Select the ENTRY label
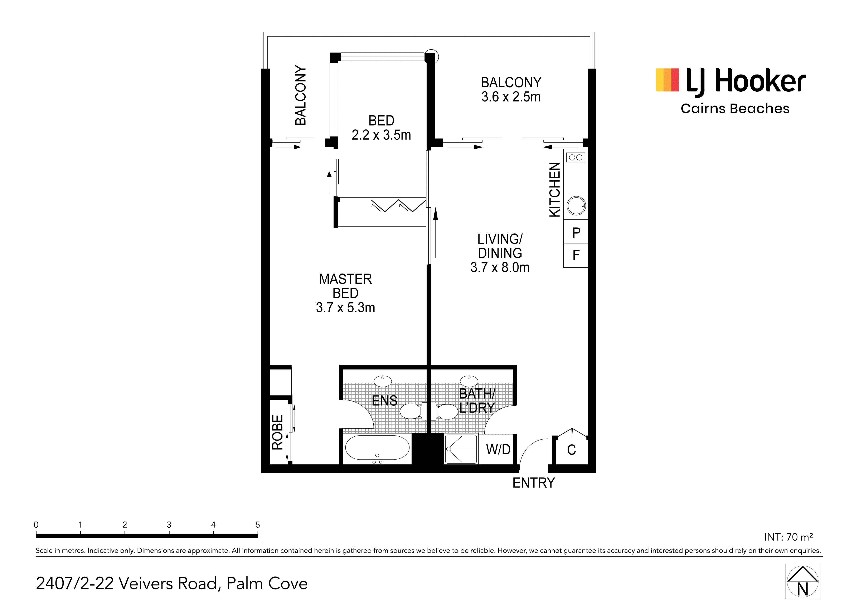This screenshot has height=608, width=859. tap(534, 483)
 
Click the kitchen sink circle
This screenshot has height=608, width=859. tap(576, 205)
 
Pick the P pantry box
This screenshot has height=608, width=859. tap(576, 232)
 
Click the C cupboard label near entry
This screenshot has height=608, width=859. tap(571, 450)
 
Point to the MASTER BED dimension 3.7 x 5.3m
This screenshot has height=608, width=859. tap(345, 307)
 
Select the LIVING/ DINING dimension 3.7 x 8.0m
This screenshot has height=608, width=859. tap(500, 267)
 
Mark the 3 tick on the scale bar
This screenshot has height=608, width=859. tap(169, 533)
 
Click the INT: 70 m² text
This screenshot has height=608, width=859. tap(788, 537)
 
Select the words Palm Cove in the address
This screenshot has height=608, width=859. tap(267, 584)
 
